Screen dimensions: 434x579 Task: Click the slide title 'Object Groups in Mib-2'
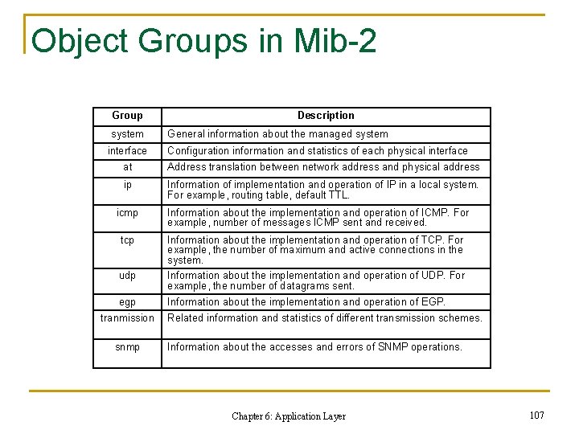203,40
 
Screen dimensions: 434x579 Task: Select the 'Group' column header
127,116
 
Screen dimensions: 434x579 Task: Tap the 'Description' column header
326,116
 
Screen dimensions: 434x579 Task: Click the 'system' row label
127,134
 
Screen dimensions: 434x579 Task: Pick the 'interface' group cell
127,151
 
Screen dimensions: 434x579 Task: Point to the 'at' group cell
127,167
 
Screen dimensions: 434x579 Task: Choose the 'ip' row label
127,185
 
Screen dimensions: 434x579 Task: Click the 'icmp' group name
127,213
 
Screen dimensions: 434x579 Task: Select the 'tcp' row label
127,240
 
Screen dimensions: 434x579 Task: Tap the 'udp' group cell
127,276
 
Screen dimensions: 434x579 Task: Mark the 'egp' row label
127,302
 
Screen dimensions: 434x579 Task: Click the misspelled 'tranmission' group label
127,317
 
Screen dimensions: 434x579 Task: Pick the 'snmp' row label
127,347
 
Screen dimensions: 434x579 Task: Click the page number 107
537,415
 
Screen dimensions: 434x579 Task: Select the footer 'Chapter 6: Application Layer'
289,416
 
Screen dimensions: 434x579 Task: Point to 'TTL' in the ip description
338,194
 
